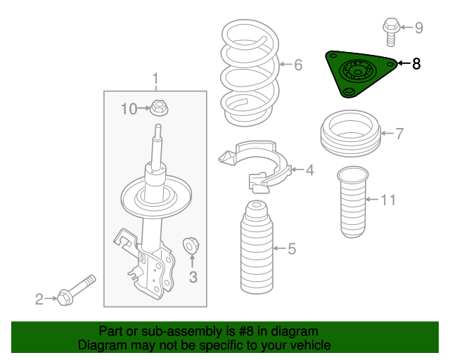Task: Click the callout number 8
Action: pyautogui.click(x=416, y=64)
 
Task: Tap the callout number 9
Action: pyautogui.click(x=419, y=28)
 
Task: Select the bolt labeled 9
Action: pyautogui.click(x=391, y=32)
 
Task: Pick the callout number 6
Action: pyautogui.click(x=298, y=65)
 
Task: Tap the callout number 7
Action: pyautogui.click(x=399, y=134)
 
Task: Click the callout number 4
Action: pyautogui.click(x=310, y=170)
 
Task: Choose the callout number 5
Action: pyautogui.click(x=292, y=249)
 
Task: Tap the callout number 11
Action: pyautogui.click(x=388, y=200)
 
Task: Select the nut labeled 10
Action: pyautogui.click(x=160, y=108)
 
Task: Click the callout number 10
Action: pyautogui.click(x=129, y=109)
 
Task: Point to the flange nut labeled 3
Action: pyautogui.click(x=191, y=245)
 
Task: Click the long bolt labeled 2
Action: pyautogui.click(x=76, y=290)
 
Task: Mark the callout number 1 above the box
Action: pyautogui.click(x=155, y=78)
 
